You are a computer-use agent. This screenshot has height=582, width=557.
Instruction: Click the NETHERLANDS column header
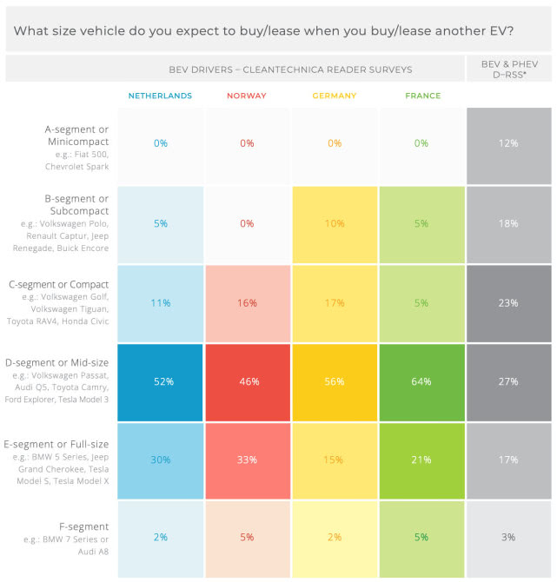(160, 96)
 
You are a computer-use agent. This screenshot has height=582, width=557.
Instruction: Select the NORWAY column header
(247, 96)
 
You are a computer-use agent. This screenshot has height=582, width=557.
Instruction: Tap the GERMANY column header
(335, 96)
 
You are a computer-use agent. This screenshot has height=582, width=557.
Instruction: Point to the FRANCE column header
(422, 96)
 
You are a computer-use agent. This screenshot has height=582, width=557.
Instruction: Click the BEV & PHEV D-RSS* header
(509, 69)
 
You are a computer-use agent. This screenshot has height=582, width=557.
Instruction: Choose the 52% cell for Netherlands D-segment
(160, 381)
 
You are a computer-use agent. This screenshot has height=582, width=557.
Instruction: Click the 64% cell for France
(422, 381)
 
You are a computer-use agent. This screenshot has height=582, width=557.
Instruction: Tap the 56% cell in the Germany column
(335, 381)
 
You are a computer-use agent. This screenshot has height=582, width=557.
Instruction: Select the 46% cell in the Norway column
(247, 381)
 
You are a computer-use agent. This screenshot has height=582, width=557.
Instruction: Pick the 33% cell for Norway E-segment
(247, 460)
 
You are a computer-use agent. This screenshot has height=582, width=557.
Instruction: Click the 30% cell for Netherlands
(160, 460)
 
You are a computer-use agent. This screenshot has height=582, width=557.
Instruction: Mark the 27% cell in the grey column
(509, 381)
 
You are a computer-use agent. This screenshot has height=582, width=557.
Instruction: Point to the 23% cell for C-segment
(509, 303)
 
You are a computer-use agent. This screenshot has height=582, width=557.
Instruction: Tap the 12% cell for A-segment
(509, 143)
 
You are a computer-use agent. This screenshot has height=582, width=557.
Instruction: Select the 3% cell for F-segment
(509, 538)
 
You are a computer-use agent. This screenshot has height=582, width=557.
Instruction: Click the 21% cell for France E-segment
(422, 460)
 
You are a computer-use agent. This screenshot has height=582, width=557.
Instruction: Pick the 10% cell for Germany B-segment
(335, 223)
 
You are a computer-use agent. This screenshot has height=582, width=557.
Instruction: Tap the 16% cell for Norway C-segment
(247, 303)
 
